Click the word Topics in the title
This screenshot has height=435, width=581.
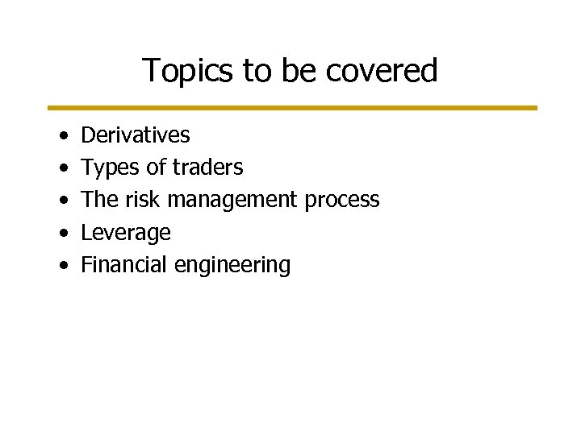pos(188,71)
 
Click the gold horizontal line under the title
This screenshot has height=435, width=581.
pos(290,107)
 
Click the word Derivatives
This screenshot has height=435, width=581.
pos(136,135)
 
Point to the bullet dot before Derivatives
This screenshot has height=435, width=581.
pos(63,135)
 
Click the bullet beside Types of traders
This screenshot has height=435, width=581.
pos(63,168)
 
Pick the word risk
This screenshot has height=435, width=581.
pos(144,200)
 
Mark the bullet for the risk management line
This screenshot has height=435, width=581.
pos(63,201)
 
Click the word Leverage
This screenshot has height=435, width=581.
pos(126,233)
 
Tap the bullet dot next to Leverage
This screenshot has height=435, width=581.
pos(63,234)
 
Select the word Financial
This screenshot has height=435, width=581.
pos(123,264)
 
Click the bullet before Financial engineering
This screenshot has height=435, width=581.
pos(63,266)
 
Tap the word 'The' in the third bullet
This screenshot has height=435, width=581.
pos(100,200)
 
